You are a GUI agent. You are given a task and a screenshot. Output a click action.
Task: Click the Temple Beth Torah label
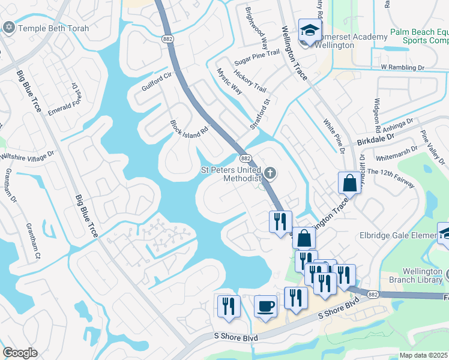(x=53, y=28)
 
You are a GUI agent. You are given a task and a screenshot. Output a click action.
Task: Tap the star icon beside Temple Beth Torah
(x=9, y=28)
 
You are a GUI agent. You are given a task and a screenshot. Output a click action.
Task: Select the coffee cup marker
(x=265, y=306)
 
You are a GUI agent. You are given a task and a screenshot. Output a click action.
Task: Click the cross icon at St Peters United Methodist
(x=270, y=174)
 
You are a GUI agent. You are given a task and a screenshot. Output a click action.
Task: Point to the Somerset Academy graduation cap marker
(x=310, y=30)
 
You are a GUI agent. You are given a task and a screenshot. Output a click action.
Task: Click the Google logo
(x=20, y=353)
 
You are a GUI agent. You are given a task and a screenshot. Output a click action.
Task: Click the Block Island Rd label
(x=189, y=129)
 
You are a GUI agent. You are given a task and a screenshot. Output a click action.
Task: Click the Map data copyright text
(x=424, y=355)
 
